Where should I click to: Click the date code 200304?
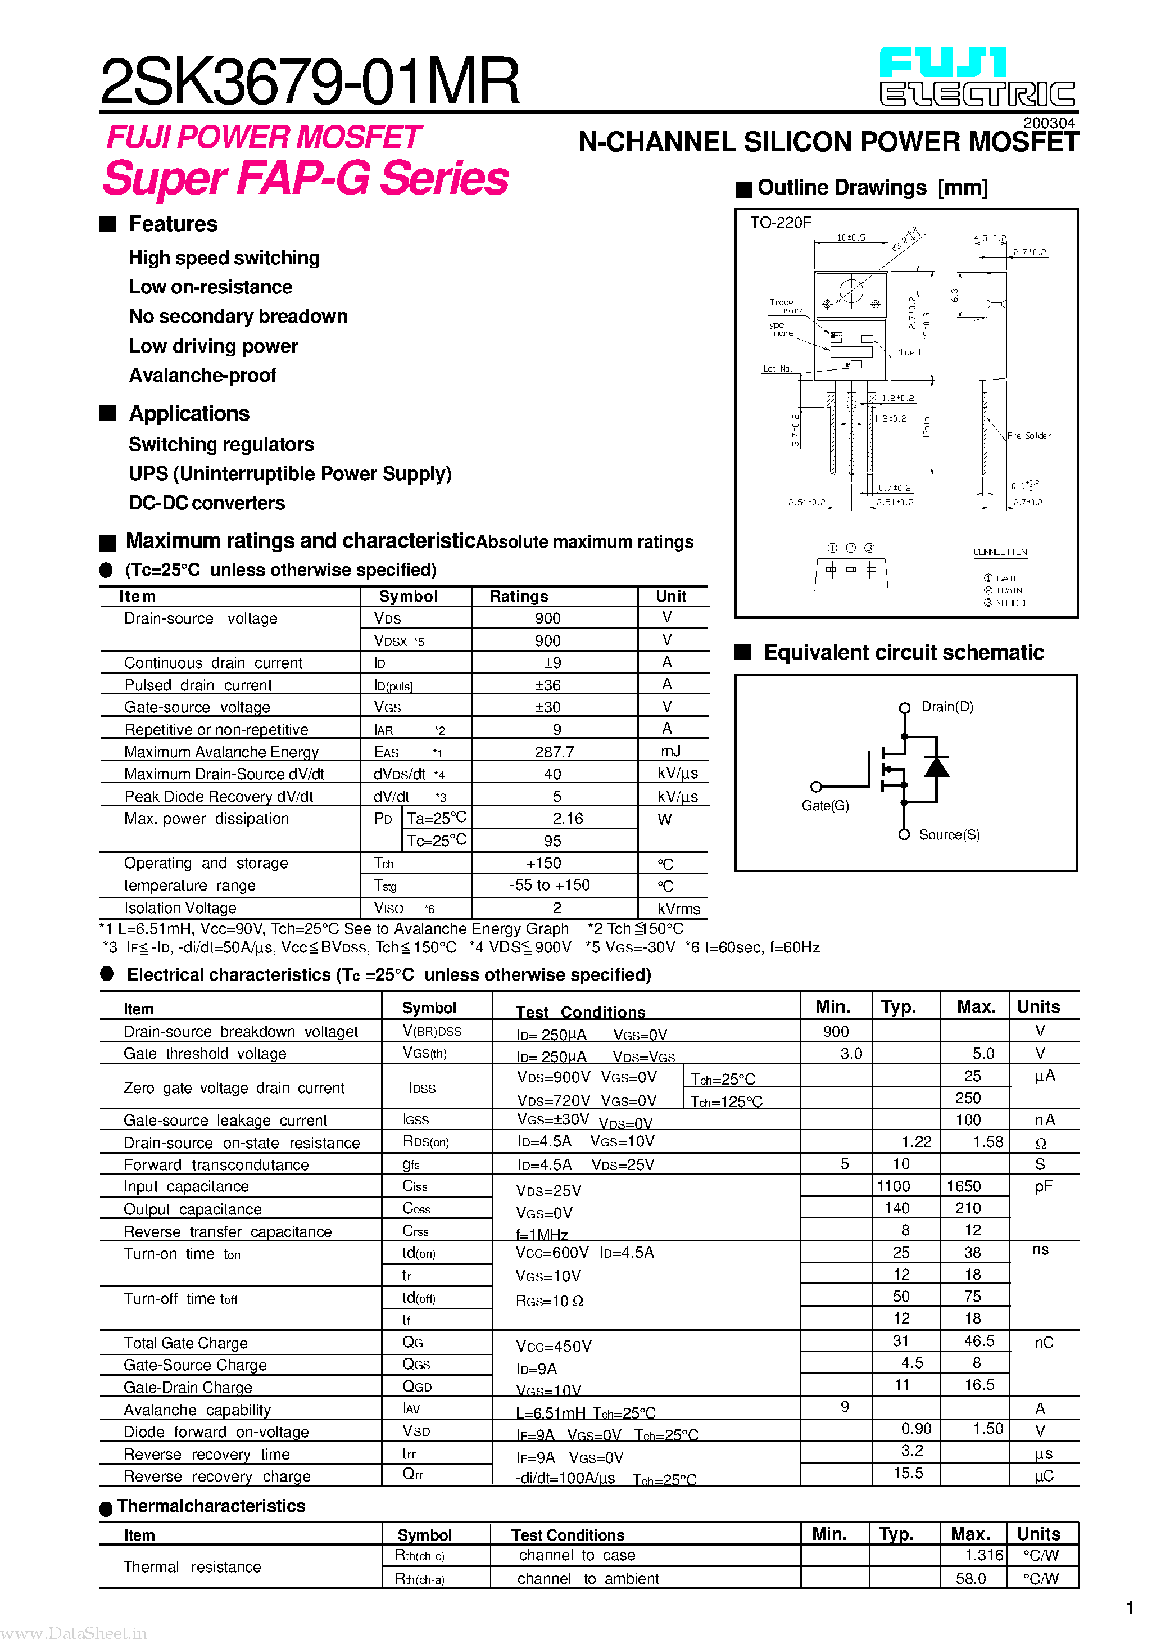1048,123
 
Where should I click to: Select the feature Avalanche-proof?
202,375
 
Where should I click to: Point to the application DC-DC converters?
207,503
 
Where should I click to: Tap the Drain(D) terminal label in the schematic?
946,707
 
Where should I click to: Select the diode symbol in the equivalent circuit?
936,767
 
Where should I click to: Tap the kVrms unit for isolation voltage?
678,909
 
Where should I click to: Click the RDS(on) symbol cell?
426,1141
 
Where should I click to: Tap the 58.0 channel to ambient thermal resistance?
970,1578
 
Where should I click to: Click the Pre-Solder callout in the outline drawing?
1028,435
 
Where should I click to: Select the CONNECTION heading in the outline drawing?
999,552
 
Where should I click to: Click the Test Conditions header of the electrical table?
580,1011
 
